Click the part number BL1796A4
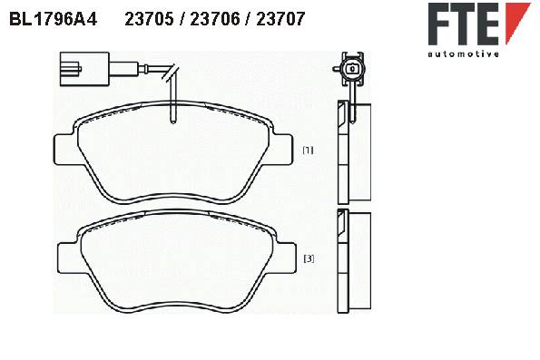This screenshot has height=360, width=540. (53, 19)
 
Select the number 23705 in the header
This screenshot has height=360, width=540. (149, 19)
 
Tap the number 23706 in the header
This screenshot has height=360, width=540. (215, 19)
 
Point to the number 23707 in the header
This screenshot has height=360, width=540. (280, 19)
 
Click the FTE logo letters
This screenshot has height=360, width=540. (464, 24)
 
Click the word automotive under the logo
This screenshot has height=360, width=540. (463, 54)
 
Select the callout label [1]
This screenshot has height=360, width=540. (308, 150)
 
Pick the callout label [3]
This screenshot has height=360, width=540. (309, 258)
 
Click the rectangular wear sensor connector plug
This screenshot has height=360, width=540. (84, 69)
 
